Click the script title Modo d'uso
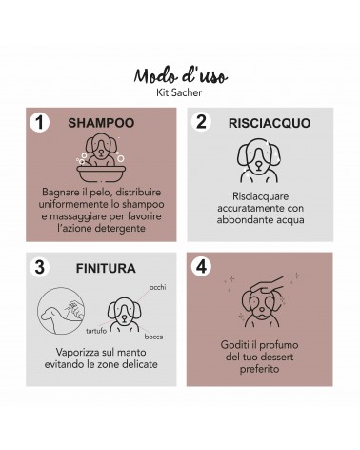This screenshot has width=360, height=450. pyautogui.click(x=180, y=76)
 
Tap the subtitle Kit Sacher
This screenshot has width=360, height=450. pyautogui.click(x=179, y=92)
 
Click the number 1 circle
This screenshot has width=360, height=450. pyautogui.click(x=39, y=122)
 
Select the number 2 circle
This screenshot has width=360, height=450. pyautogui.click(x=201, y=122)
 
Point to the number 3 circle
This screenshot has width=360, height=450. pyautogui.click(x=39, y=267)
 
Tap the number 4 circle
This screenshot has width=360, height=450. pyautogui.click(x=201, y=266)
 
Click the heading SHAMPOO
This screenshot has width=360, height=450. pyautogui.click(x=101, y=123)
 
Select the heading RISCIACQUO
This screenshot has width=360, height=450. pyautogui.click(x=270, y=123)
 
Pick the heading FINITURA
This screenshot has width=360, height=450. pyautogui.click(x=106, y=269)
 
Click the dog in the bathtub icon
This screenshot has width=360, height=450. pyautogui.click(x=101, y=157)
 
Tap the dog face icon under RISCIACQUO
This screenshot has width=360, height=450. pyautogui.click(x=259, y=160)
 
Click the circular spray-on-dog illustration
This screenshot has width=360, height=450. pyautogui.click(x=61, y=311)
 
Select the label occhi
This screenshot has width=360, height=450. pyautogui.click(x=158, y=287)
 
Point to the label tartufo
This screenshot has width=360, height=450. pyautogui.click(x=96, y=331)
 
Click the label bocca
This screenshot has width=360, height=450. pyautogui.click(x=153, y=337)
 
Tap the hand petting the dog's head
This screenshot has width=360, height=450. pyautogui.click(x=267, y=286)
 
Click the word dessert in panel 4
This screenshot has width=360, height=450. pyautogui.click(x=276, y=357)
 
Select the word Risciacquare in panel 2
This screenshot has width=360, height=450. pyautogui.click(x=260, y=196)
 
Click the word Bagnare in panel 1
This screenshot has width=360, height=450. pyautogui.click(x=59, y=193)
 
